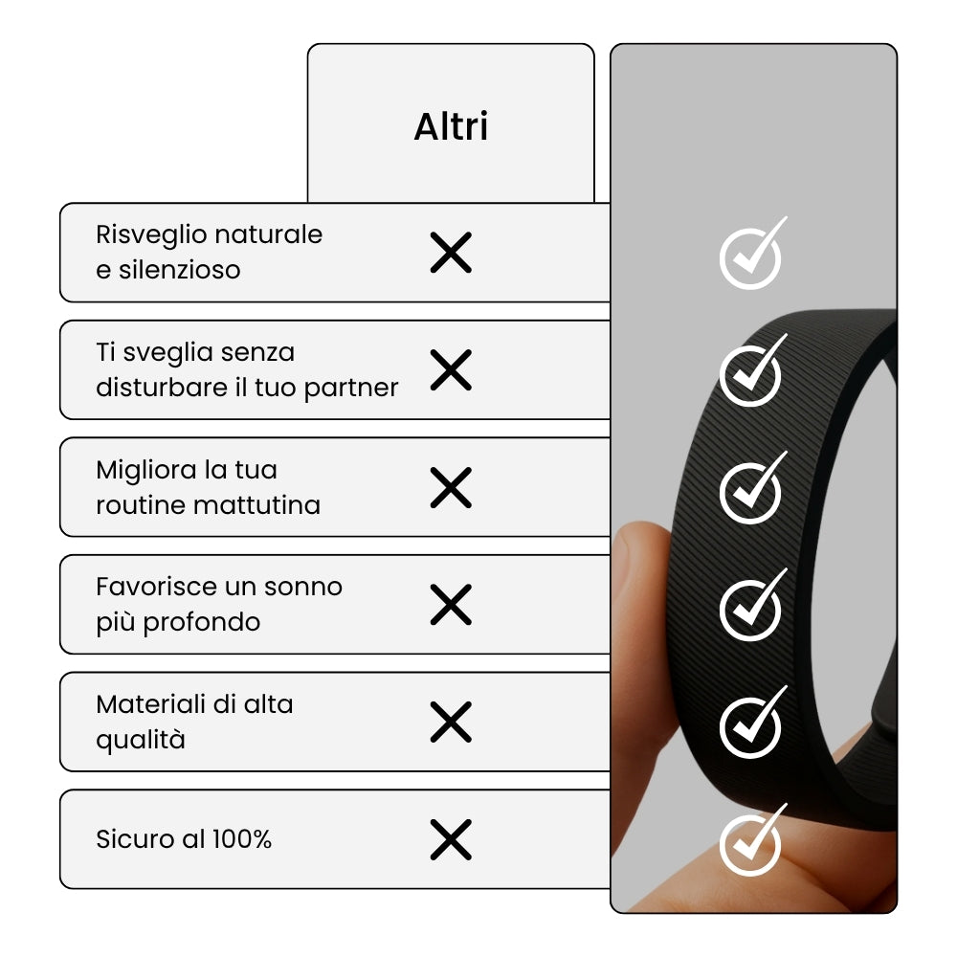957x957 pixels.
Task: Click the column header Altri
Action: tap(451, 126)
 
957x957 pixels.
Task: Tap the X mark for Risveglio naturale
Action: tap(451, 252)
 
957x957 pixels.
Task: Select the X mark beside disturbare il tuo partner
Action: tap(451, 369)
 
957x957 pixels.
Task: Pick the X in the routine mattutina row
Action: tap(451, 488)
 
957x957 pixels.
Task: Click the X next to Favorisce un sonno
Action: tap(451, 605)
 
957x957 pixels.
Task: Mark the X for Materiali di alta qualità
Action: tap(451, 722)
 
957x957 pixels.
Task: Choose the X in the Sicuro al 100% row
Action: tap(451, 840)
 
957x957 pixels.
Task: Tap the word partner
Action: tap(351, 389)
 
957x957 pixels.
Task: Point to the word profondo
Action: tap(201, 623)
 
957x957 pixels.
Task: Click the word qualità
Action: tap(141, 741)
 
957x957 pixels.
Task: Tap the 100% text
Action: tap(242, 839)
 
